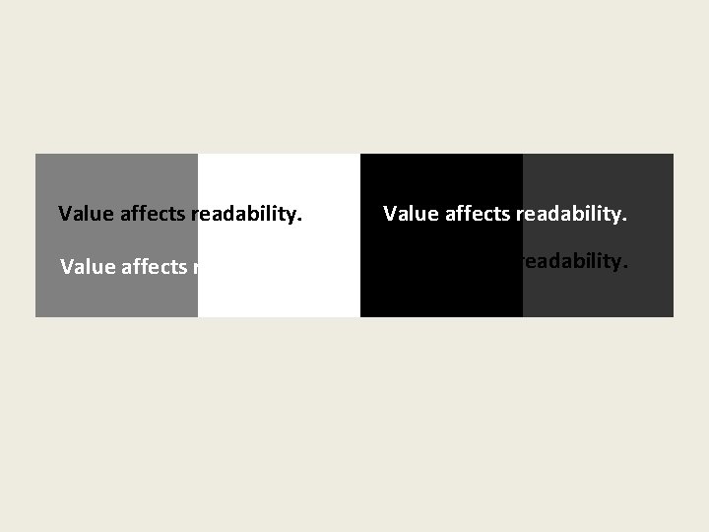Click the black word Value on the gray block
click(87, 214)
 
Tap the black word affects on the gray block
click(153, 214)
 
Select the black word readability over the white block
click(243, 214)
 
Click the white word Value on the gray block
click(88, 267)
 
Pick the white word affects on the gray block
click(154, 267)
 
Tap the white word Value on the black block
click(411, 214)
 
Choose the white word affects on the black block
click(477, 214)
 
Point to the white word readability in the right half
click(567, 214)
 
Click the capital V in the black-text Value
click(66, 214)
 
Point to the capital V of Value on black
click(391, 214)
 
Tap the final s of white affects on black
click(506, 215)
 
